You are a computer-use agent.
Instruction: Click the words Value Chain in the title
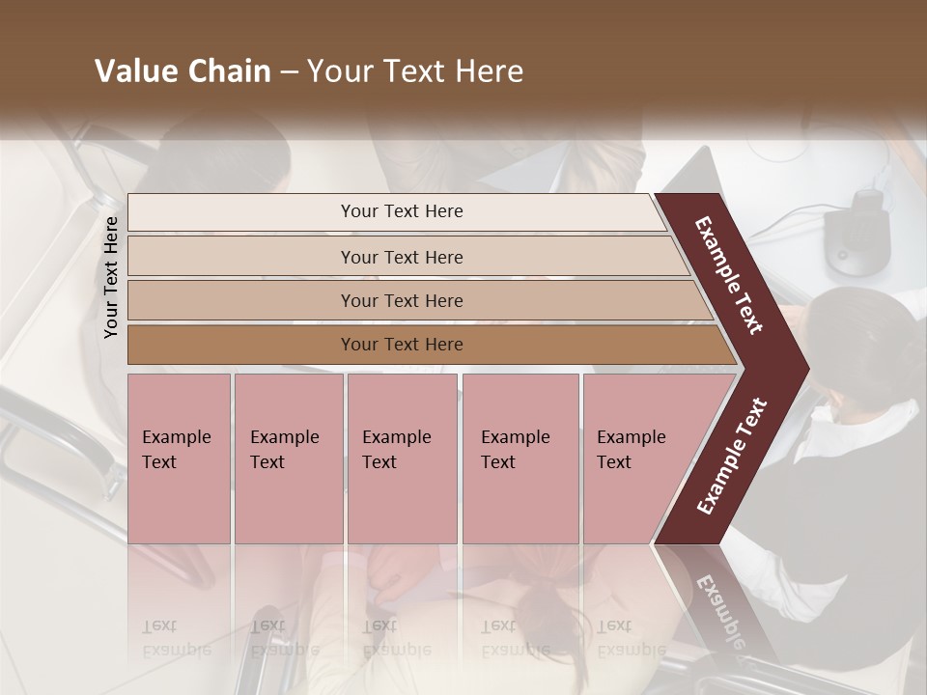click(183, 71)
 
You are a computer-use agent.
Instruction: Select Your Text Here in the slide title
click(415, 71)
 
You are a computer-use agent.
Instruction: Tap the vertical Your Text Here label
click(111, 277)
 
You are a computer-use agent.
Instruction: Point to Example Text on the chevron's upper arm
click(730, 275)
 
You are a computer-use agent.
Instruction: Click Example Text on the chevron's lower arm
click(732, 456)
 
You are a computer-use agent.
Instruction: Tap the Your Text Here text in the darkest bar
click(402, 345)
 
